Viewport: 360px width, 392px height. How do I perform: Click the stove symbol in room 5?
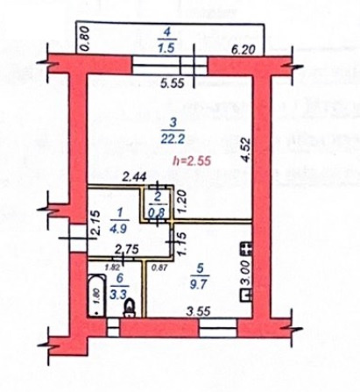tap(247, 252)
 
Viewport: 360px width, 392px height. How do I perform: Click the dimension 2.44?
tap(109, 178)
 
